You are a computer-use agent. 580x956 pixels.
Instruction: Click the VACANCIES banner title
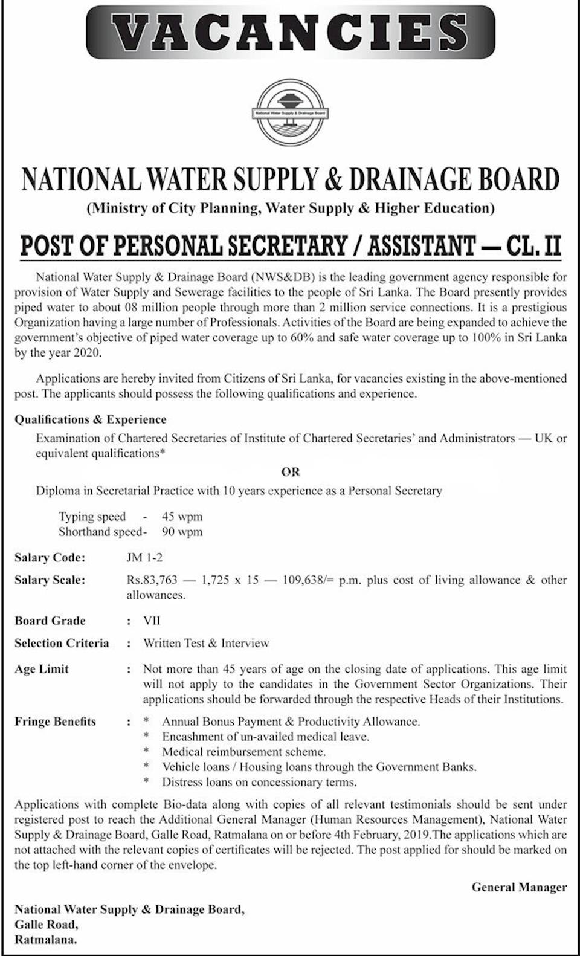tap(290, 31)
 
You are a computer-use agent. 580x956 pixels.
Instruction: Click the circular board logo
tap(290, 112)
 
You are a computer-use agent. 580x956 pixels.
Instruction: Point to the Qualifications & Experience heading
tap(91, 419)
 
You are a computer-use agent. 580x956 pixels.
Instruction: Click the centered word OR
tap(291, 472)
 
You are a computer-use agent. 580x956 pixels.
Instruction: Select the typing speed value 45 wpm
tap(182, 517)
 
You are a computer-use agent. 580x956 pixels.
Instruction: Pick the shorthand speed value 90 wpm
tap(182, 532)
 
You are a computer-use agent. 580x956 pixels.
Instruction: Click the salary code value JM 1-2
tap(144, 558)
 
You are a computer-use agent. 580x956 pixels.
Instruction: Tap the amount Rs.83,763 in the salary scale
tap(152, 580)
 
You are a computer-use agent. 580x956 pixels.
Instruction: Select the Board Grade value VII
tap(152, 621)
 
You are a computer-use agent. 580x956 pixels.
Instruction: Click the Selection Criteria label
tap(62, 643)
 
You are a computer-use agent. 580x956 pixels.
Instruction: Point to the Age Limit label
tap(42, 669)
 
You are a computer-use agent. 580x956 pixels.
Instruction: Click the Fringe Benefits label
tap(55, 722)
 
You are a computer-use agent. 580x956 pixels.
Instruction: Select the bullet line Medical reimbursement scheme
tap(243, 752)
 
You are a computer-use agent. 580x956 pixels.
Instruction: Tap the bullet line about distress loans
tap(259, 782)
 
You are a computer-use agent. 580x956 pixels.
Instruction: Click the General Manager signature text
tap(519, 887)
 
